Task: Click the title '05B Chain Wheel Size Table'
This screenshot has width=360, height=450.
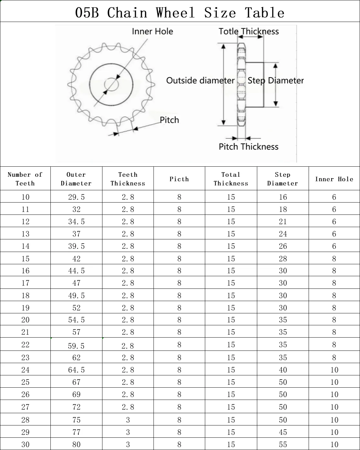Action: pos(180,13)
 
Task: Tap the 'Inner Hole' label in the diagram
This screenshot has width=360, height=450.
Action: pos(152,31)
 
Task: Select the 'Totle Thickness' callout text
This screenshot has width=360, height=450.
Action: pos(249,31)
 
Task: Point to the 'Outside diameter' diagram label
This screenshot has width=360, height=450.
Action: pos(200,80)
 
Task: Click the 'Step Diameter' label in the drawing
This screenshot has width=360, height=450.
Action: pos(276,80)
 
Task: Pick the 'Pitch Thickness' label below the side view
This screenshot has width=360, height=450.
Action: pos(249,147)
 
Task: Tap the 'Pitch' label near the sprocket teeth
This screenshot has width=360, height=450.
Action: pos(169,120)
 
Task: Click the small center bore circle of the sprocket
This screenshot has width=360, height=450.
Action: pos(111,85)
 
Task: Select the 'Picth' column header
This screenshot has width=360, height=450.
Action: pos(179,179)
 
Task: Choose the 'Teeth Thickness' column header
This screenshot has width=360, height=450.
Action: pos(128,179)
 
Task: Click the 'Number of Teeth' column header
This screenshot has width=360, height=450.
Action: pos(25,179)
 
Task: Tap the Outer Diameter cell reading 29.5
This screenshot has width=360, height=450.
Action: pos(76,197)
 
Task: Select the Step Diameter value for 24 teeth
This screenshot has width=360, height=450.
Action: pos(283,370)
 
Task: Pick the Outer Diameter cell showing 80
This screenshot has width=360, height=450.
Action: pos(76,445)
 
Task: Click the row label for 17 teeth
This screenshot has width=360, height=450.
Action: pos(25,283)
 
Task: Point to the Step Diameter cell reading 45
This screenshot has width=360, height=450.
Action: pos(283,432)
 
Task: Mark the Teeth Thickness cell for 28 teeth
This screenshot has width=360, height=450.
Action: pos(128,420)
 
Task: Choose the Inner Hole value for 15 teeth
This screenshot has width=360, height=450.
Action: pos(334,259)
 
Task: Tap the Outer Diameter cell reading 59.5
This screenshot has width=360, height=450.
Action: pos(76,346)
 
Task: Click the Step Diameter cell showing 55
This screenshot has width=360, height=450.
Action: pos(283,445)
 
